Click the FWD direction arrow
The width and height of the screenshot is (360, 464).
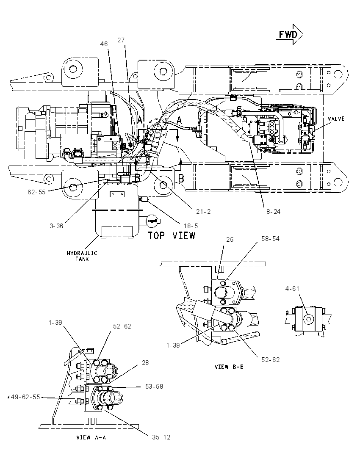[289, 34]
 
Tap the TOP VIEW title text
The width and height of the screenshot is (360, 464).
[172, 235]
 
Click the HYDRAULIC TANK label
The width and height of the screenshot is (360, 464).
[82, 256]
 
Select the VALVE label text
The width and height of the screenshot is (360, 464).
[336, 119]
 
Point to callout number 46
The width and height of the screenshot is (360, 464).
[104, 44]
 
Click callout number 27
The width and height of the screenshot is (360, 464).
[121, 40]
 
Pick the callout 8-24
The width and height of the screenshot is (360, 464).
[273, 211]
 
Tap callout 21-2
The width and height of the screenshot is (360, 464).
[203, 211]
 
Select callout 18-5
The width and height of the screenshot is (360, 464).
[191, 226]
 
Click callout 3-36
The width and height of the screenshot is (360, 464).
[56, 226]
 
